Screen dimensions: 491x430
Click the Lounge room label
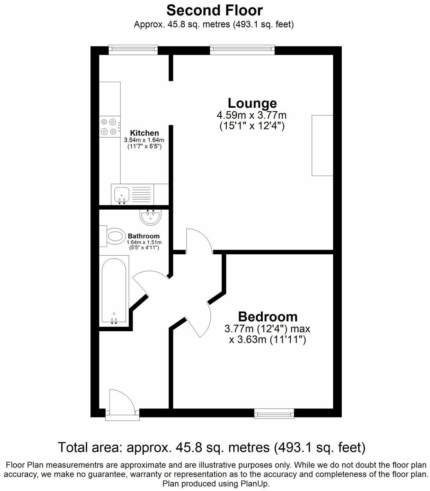tap(252, 103)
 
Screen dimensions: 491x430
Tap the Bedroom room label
tap(267, 316)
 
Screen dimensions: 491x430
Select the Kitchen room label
tap(144, 133)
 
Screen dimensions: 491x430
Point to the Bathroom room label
tap(144, 236)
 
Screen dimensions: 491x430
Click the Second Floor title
tap(214, 10)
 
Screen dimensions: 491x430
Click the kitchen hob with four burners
tap(108, 127)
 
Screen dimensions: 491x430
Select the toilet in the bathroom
tap(114, 236)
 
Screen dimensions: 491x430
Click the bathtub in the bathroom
tap(114, 290)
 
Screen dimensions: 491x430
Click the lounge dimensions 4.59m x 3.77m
tap(252, 115)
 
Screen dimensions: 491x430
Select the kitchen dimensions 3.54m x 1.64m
tap(144, 140)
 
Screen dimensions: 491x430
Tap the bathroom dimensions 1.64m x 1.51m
tap(144, 243)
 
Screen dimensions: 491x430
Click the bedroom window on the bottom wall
tap(274, 413)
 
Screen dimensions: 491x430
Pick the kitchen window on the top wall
tap(133, 50)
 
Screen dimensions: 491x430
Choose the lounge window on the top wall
tap(242, 50)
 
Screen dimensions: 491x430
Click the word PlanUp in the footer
tap(257, 483)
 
